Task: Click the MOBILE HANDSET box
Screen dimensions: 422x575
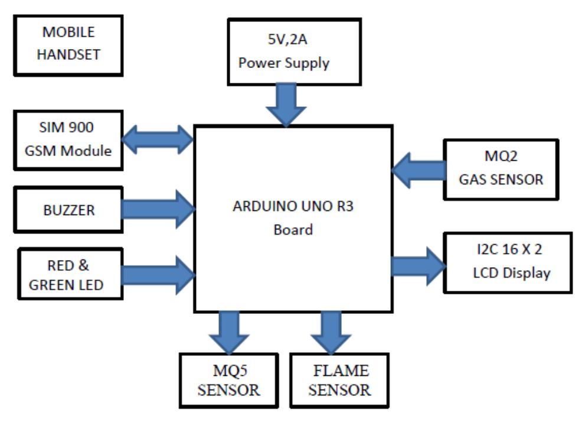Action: [68, 45]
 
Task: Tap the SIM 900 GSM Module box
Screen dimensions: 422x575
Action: [68, 140]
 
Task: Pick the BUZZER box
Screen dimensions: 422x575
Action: [68, 209]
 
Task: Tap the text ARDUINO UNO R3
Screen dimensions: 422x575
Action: [293, 209]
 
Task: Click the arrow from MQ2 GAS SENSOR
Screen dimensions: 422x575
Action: [418, 170]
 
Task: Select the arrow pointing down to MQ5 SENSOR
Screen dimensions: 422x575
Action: [228, 331]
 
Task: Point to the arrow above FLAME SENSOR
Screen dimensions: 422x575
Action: [331, 331]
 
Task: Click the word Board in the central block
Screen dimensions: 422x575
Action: [293, 230]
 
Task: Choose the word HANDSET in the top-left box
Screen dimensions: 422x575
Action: [68, 54]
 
